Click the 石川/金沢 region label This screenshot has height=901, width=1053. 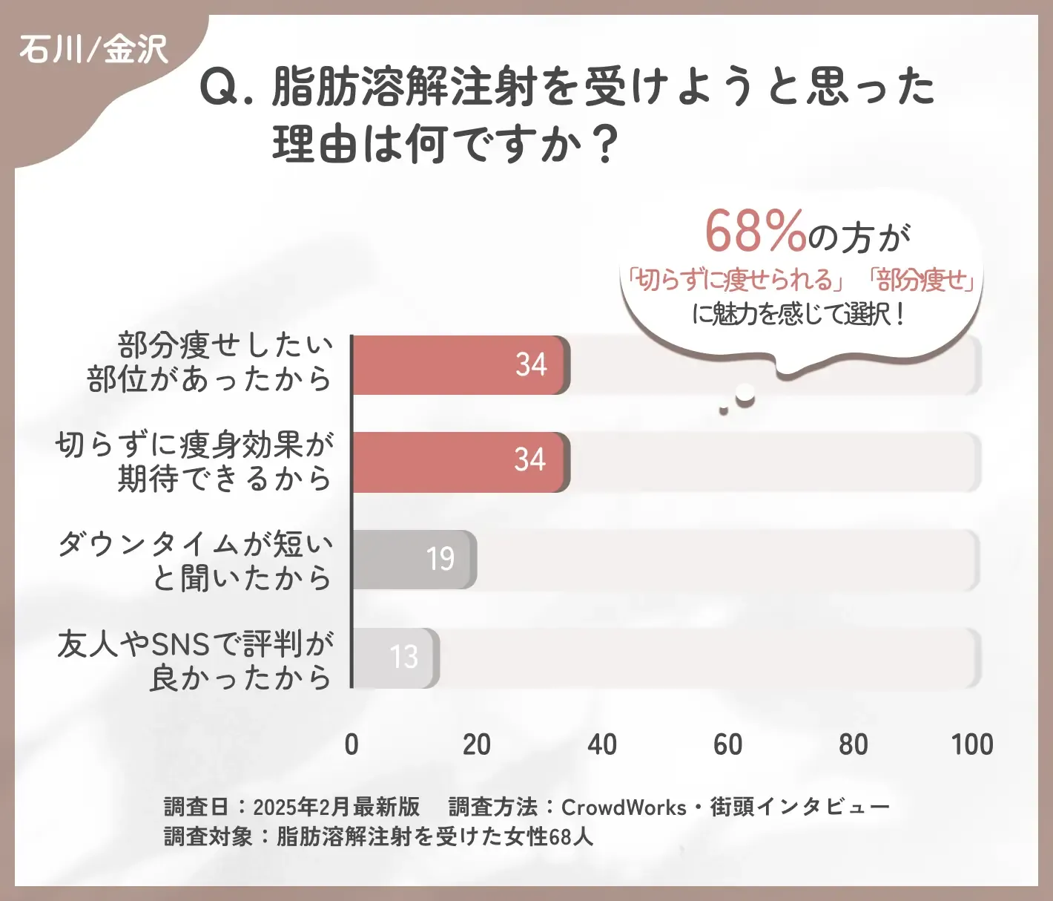[94, 50]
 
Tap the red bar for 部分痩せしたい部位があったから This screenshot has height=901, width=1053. [460, 364]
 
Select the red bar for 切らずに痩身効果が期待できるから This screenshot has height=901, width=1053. [460, 462]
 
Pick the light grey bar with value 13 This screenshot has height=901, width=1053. [395, 658]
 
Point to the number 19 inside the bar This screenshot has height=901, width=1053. [440, 559]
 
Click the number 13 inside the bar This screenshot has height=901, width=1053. [404, 657]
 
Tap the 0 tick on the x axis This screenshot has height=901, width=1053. [351, 744]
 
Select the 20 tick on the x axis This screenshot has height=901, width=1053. [476, 744]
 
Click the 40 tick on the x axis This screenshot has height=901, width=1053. [601, 744]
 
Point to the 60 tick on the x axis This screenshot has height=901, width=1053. [727, 744]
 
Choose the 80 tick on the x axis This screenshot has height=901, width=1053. [853, 744]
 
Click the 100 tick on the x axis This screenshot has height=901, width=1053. [972, 744]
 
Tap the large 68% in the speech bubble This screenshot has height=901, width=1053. [755, 231]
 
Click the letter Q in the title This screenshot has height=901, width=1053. [219, 88]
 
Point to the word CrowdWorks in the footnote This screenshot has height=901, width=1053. [624, 807]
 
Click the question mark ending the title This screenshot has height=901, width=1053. [607, 145]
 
